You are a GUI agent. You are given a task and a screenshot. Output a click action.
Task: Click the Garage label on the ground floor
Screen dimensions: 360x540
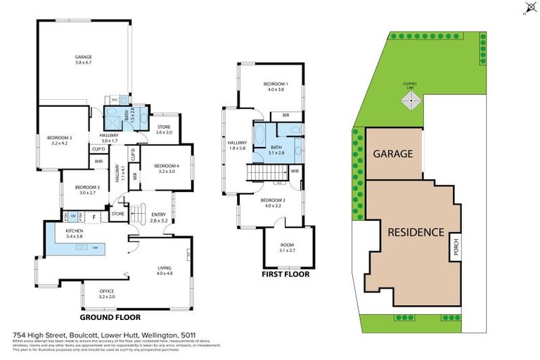point(84,60)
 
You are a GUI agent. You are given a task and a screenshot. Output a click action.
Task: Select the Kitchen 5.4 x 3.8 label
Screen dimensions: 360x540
point(75,233)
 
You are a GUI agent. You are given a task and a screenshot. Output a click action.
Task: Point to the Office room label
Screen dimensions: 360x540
point(106,292)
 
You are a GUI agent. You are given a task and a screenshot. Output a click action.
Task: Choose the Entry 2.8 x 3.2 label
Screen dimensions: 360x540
point(158,217)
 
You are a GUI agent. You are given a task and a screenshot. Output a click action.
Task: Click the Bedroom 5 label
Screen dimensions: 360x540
point(88,189)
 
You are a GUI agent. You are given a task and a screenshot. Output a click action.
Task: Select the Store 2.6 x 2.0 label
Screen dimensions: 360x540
point(164,129)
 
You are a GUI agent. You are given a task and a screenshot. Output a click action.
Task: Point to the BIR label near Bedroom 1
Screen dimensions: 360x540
point(286,115)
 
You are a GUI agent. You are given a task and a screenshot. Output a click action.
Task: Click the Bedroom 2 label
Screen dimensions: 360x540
point(272,203)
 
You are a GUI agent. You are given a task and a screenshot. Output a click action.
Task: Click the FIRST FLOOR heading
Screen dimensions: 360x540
point(285,274)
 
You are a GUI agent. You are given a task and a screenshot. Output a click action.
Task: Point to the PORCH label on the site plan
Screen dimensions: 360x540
point(456,247)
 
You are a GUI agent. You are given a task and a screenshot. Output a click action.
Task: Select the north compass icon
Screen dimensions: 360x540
point(530,8)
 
